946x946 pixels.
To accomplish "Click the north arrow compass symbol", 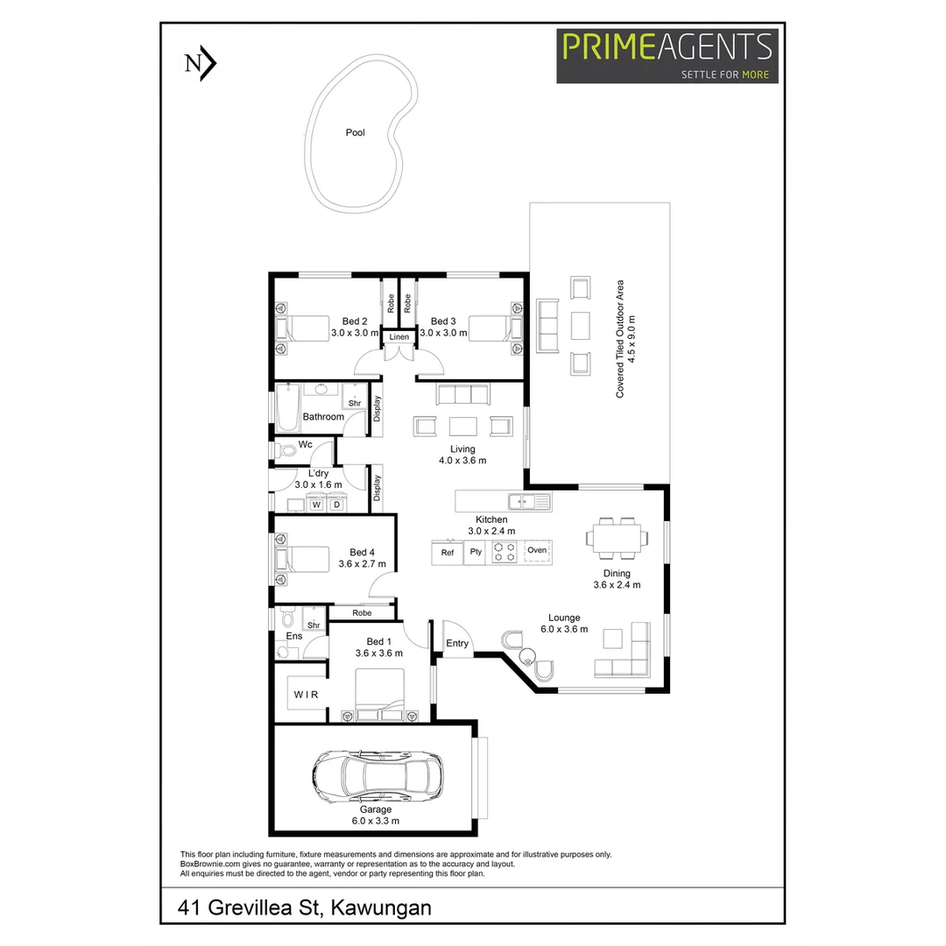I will coord(201,64).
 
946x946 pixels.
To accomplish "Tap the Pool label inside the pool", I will coord(355,133).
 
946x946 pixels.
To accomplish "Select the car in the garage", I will coord(378,774).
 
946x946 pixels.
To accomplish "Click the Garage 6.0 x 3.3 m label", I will coord(376,815).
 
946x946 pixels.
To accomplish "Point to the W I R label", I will coord(305,695).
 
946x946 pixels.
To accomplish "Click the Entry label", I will coord(457,644).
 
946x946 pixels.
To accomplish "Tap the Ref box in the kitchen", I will coord(447,552).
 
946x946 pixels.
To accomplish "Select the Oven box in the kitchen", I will coord(537,551).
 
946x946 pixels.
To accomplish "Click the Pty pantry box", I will coord(476,552).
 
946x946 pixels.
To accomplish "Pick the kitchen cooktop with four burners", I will coord(505,552).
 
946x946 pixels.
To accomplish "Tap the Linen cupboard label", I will coord(399,337).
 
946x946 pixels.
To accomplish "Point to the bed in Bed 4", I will coord(303,558).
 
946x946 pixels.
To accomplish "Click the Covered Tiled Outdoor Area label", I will coord(625,339).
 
